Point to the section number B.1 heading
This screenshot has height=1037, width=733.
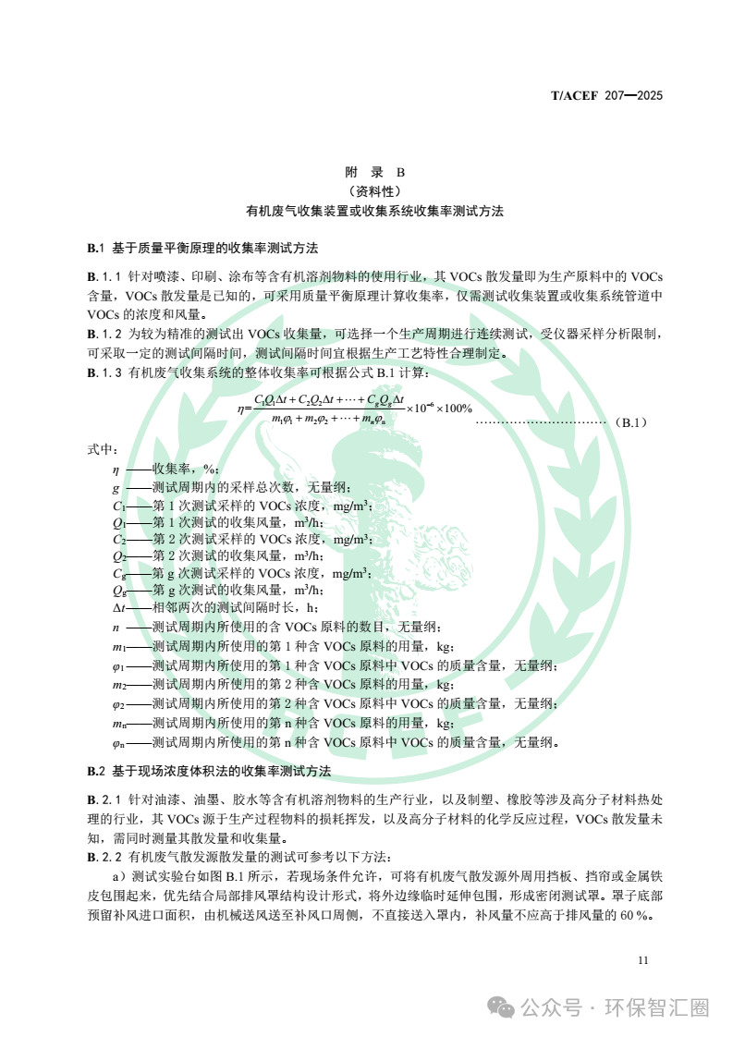click(x=97, y=248)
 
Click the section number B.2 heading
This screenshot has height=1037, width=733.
click(x=97, y=771)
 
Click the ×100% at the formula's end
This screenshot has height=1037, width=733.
click(x=454, y=408)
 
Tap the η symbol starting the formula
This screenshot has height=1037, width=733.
click(x=241, y=409)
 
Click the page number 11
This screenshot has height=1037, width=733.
click(x=643, y=960)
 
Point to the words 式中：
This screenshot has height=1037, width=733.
click(x=102, y=449)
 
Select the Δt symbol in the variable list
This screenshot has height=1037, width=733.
click(x=117, y=606)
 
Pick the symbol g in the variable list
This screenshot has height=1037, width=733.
click(x=116, y=487)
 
